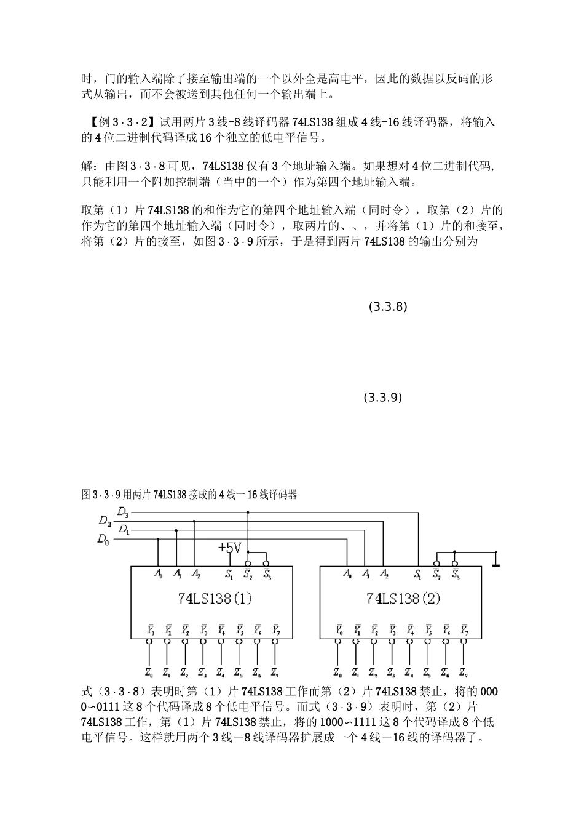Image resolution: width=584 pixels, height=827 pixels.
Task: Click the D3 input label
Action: click(x=123, y=512)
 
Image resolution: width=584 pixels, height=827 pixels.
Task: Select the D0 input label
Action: click(x=103, y=540)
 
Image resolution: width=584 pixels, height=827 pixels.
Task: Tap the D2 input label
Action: click(x=105, y=521)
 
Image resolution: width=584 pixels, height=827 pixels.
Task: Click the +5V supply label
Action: click(x=231, y=548)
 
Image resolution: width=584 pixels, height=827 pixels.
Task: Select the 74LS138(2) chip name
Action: click(x=403, y=598)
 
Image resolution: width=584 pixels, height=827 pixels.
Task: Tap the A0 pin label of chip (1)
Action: click(x=159, y=574)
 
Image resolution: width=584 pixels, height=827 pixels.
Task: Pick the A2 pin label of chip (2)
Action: click(x=384, y=574)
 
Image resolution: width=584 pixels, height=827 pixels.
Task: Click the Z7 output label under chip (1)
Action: click(x=274, y=671)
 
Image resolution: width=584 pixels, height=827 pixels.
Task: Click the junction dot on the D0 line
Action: click(x=159, y=540)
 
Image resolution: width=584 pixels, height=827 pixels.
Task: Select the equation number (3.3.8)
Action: click(x=388, y=306)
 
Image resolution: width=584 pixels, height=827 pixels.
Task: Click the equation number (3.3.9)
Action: click(x=383, y=398)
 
